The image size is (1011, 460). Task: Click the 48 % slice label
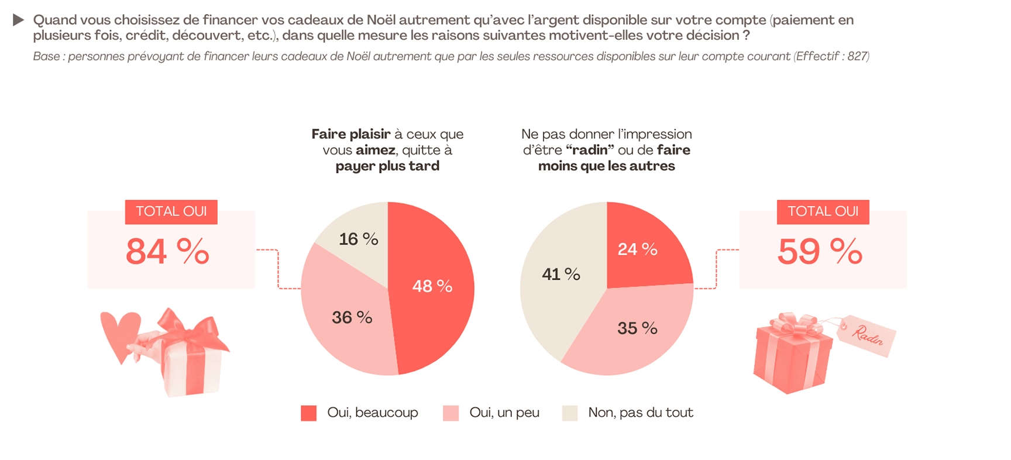[432, 286]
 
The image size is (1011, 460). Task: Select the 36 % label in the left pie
[352, 317]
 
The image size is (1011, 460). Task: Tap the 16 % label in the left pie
[358, 239]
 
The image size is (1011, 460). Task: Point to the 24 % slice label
[637, 249]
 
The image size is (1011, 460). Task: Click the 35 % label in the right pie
[637, 328]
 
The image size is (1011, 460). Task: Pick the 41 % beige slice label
[560, 274]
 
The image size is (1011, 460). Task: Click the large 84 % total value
[167, 252]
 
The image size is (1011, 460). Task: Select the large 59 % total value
[819, 252]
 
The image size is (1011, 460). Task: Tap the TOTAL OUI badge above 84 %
[171, 211]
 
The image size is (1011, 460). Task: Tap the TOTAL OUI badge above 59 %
[823, 211]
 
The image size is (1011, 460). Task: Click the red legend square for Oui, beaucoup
[308, 413]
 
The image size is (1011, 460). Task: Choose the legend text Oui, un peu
[504, 413]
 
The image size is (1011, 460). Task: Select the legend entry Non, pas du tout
[640, 413]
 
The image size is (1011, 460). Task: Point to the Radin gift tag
[866, 335]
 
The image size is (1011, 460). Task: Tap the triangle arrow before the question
[18, 20]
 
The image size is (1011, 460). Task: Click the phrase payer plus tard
[387, 166]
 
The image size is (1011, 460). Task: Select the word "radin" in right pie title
[590, 150]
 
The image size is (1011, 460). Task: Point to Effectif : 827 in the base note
[831, 56]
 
